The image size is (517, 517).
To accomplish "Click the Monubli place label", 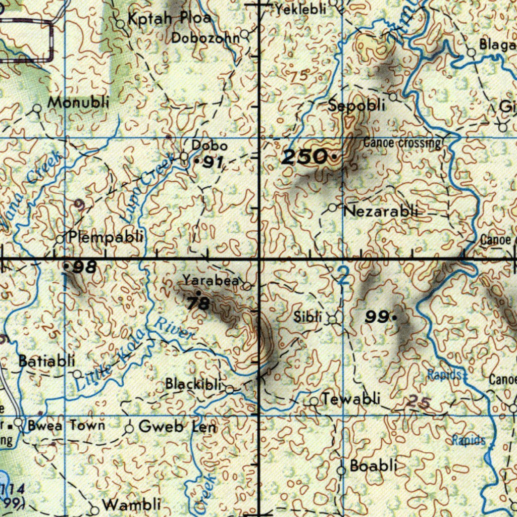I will click(78, 102).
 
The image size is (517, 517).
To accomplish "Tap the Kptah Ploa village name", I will click(169, 19).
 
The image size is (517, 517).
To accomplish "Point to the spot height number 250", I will click(304, 158).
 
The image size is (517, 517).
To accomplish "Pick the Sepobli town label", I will click(356, 106).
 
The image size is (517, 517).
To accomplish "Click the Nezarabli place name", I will click(381, 211).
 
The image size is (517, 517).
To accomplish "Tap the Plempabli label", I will click(106, 236).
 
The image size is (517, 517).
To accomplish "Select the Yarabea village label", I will click(211, 280).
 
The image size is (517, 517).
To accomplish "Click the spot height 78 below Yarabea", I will click(197, 303).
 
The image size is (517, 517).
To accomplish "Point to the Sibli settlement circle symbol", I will click(333, 319).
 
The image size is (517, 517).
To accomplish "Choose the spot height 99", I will click(377, 317).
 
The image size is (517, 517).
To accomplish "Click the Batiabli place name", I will click(46, 361).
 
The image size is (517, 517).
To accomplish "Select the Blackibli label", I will click(193, 384).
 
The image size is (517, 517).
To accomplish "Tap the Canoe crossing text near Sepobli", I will click(402, 143).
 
